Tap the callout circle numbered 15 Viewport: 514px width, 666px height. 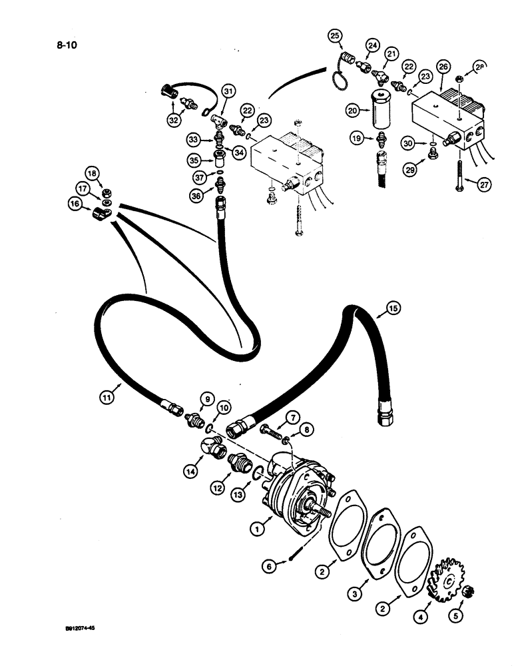tap(394, 308)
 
